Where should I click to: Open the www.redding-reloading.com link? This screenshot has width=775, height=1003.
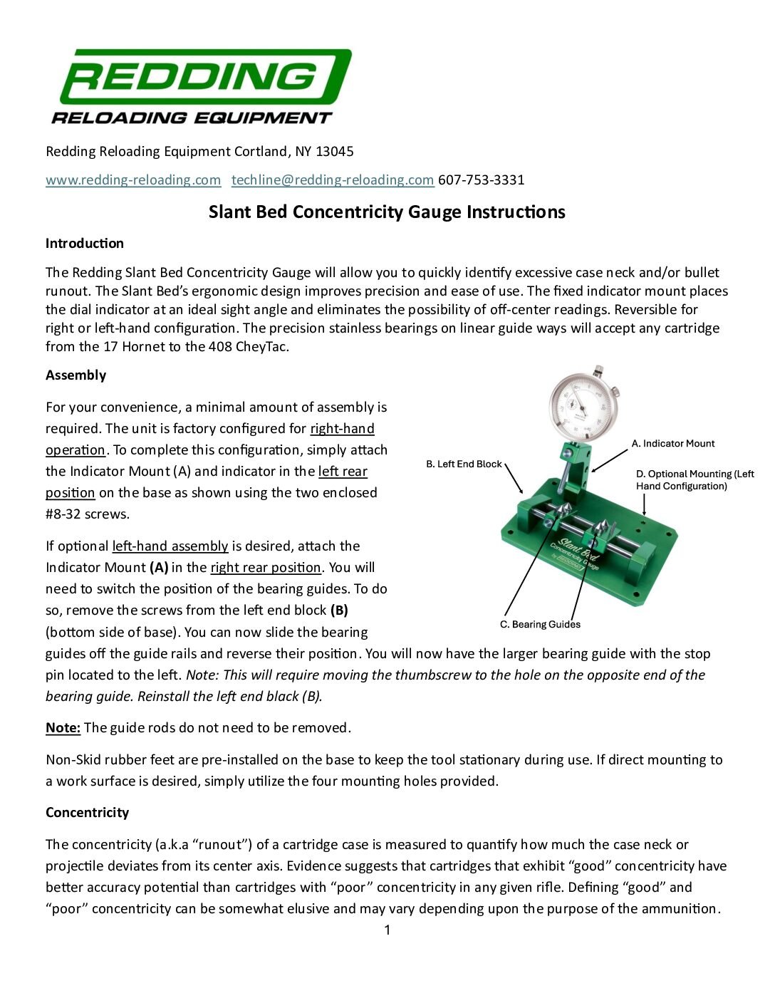click(133, 180)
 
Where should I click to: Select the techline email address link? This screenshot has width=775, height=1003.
click(332, 180)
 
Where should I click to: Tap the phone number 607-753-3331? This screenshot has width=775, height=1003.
click(481, 180)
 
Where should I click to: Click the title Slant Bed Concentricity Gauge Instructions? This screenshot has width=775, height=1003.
click(387, 212)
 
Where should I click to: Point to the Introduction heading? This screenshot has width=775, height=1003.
click(85, 244)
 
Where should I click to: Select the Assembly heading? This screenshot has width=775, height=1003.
click(76, 375)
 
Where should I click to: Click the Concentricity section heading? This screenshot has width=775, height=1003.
click(87, 813)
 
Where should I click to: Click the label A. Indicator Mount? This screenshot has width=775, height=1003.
click(673, 444)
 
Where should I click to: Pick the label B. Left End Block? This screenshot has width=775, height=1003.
click(464, 464)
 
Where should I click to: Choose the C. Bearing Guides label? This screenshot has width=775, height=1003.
click(540, 625)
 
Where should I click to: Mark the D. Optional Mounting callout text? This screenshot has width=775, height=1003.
click(695, 480)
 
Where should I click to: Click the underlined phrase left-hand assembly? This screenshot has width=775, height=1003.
click(170, 546)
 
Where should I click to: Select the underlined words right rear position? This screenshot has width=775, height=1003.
click(266, 568)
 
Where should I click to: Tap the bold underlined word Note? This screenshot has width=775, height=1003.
click(63, 728)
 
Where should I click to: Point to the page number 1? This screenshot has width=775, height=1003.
click(387, 930)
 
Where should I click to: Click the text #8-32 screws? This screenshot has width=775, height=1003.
click(88, 514)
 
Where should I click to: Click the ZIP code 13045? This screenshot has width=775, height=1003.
click(334, 151)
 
